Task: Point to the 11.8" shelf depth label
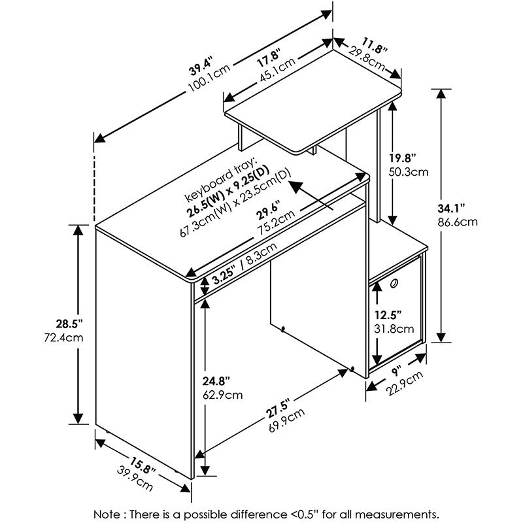click(x=375, y=46)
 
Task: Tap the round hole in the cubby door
click(x=394, y=283)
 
